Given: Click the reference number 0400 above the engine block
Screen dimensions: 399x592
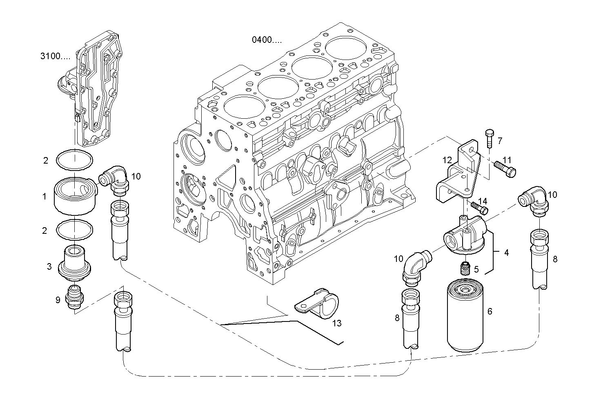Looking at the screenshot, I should click(267, 40).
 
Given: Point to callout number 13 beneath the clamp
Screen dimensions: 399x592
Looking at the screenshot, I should click(336, 324).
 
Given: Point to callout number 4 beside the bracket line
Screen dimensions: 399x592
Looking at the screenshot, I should click(506, 253).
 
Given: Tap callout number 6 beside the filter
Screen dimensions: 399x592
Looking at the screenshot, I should click(490, 311).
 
